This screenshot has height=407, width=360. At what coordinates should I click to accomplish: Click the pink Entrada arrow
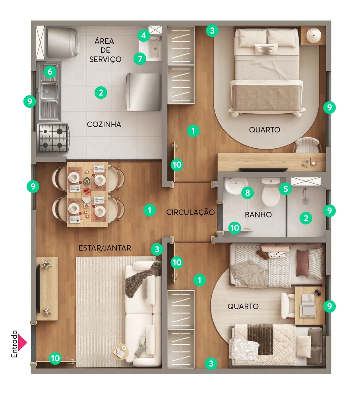point(22,343)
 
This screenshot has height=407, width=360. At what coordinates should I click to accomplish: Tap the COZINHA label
point(104,124)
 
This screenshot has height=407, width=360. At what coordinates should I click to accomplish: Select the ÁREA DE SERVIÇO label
point(105,50)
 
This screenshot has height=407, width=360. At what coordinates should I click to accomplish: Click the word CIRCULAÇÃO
point(190,212)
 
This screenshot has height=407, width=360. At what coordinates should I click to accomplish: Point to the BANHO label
point(258,215)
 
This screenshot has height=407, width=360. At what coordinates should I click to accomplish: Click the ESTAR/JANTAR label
point(105,248)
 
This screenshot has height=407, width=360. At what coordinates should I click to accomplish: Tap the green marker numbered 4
point(143,35)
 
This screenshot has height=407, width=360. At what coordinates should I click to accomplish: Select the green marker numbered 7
point(140,59)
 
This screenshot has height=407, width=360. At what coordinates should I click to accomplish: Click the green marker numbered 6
point(50,72)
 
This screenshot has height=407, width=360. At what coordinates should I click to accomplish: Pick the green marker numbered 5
point(286,189)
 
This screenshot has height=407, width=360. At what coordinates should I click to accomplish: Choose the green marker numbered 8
point(248,193)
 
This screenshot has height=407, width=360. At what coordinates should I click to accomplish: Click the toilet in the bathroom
point(271,192)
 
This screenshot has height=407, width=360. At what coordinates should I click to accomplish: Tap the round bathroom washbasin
point(235,185)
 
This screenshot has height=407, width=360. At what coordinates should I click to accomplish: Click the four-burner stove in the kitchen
point(54,138)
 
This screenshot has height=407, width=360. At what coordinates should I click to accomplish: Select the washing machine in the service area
point(62,43)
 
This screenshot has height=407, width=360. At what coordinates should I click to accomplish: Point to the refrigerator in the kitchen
point(144,92)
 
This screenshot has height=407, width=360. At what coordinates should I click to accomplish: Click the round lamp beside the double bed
point(314,35)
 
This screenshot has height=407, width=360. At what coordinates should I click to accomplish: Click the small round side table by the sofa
point(120,352)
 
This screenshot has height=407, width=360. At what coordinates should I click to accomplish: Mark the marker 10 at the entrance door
point(55,358)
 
